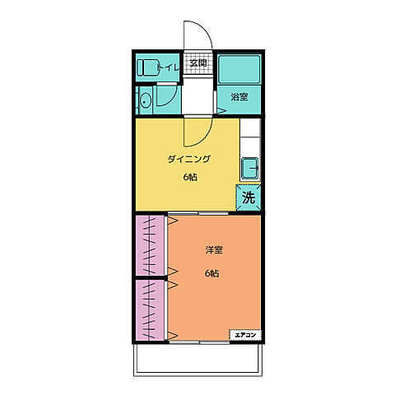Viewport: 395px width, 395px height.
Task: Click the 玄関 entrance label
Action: [198, 63]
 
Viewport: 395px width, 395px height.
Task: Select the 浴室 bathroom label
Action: [239, 97]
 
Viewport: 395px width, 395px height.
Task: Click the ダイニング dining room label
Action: [189, 159]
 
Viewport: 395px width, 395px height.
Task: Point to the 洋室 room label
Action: [214, 250]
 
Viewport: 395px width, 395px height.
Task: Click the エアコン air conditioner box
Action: [245, 335]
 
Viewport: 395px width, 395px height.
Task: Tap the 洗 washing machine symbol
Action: [249, 197]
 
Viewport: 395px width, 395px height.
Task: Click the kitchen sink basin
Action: [249, 168]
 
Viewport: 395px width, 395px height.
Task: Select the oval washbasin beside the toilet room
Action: [145, 100]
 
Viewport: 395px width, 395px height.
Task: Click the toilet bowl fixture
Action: [147, 67]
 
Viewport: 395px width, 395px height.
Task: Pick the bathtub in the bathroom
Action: [239, 69]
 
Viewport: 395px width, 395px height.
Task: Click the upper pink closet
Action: [150, 245]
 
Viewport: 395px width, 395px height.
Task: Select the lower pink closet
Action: [150, 310]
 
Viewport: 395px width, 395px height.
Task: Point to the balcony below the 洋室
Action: [197, 360]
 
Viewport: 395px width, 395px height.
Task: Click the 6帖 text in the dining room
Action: [190, 177]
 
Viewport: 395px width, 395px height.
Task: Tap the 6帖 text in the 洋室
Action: [211, 273]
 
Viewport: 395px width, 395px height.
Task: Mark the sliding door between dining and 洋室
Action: [198, 213]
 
